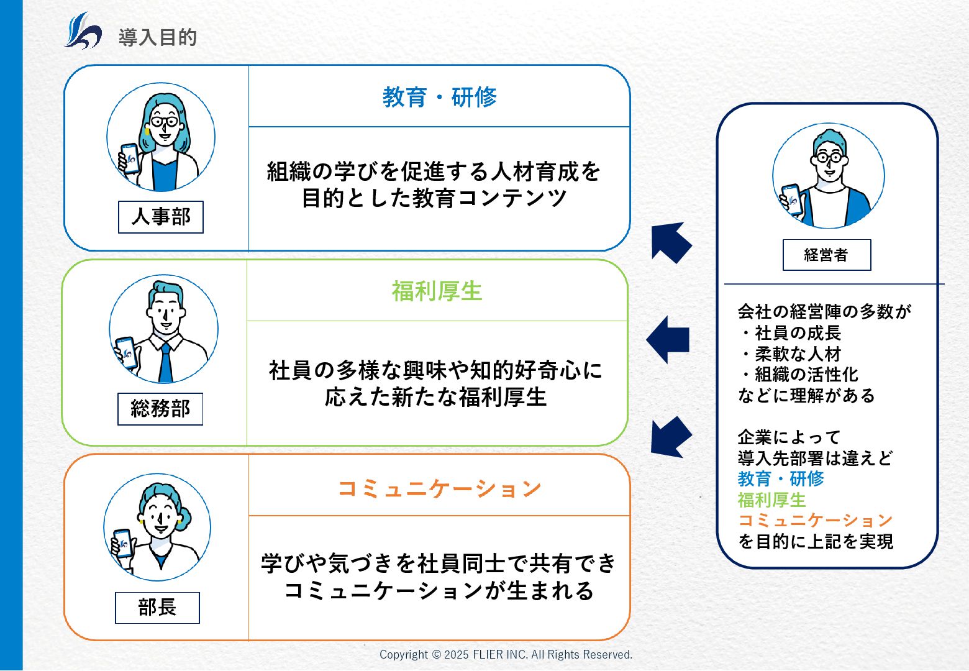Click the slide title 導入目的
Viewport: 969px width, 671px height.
point(158,38)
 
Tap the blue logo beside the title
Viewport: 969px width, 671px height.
point(83,31)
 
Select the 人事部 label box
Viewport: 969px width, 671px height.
point(161,217)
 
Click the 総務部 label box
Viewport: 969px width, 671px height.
point(160,409)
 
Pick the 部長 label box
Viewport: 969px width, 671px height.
point(157,607)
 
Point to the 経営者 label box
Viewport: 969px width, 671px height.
point(826,255)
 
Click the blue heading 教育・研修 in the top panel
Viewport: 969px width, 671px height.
point(439,97)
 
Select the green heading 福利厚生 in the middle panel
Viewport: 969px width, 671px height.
point(437,291)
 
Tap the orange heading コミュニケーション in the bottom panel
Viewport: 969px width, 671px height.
point(439,488)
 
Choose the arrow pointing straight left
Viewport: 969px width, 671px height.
point(668,339)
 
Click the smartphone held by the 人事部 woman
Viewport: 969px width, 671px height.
point(130,158)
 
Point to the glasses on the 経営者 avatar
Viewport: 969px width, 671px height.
point(829,157)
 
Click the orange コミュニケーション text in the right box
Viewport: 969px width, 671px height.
point(815,520)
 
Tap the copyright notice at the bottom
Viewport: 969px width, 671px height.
point(506,654)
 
